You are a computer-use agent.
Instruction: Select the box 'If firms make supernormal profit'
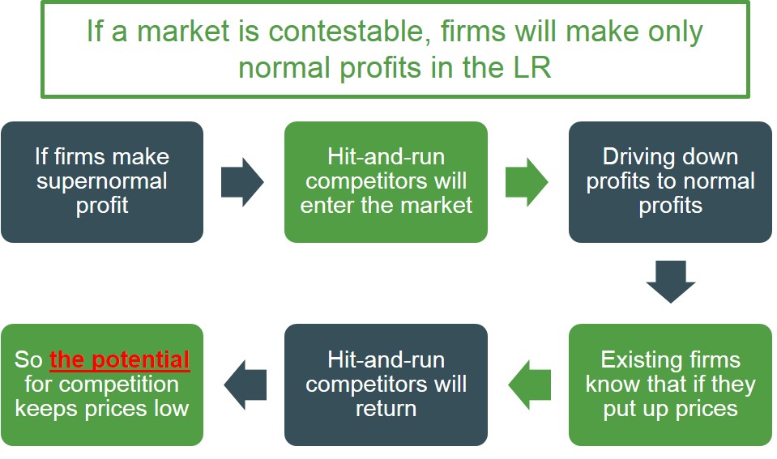tap(102, 181)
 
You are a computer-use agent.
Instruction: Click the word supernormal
tap(102, 181)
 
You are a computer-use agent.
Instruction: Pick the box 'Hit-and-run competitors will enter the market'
tap(386, 181)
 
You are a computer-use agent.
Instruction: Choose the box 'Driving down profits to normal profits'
tap(670, 181)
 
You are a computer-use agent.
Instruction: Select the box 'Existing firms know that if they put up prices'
tap(670, 385)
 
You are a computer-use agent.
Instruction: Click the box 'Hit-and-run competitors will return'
tap(386, 385)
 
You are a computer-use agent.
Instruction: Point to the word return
tap(386, 408)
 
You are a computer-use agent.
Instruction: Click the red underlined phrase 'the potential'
tap(120, 360)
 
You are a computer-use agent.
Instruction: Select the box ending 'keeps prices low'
tap(102, 385)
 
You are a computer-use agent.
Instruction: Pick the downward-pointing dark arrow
tap(670, 282)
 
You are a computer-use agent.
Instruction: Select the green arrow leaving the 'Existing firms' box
tap(529, 385)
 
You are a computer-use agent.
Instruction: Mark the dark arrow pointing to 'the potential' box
tap(245, 385)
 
